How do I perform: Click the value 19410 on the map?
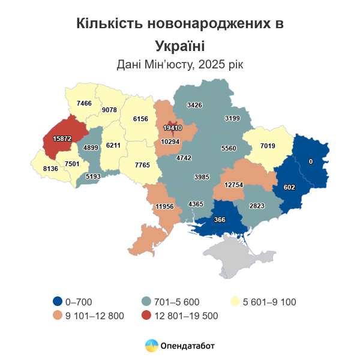172,128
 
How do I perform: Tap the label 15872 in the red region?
62,139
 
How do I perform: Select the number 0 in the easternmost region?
310,161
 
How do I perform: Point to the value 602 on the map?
289,188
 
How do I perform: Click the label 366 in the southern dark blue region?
220,220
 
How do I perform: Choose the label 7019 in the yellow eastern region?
268,145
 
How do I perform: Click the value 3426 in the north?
195,105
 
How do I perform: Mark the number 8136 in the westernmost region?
50,169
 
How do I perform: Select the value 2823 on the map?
257,206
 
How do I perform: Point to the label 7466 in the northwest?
83,103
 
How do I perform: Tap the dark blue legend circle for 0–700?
58,302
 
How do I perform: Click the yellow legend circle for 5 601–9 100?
236,302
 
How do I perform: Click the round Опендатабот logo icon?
152,346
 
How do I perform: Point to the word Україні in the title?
179,46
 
